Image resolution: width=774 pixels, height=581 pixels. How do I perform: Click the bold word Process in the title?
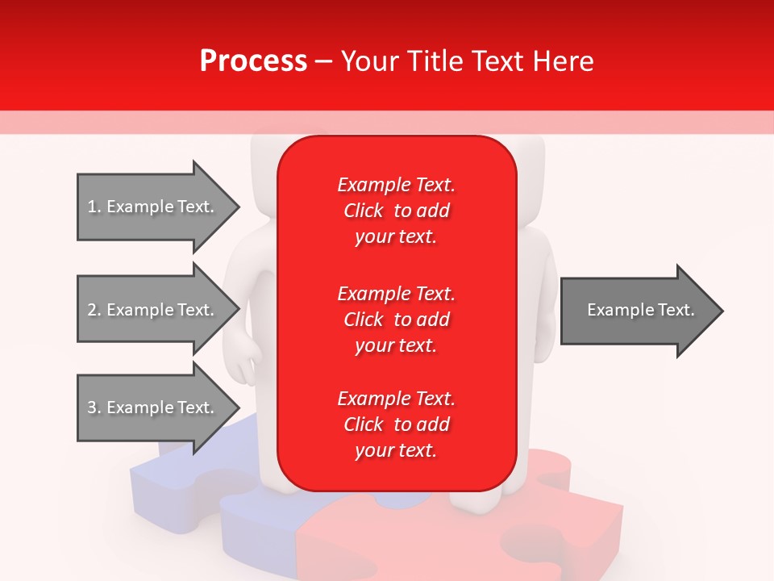[x=253, y=61]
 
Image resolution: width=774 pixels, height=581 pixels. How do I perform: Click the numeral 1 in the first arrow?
[x=92, y=207]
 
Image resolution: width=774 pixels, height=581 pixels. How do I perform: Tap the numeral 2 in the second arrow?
[x=92, y=310]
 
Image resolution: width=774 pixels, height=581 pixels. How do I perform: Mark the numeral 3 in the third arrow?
[x=92, y=408]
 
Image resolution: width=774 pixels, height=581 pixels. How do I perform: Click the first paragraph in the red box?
[x=396, y=211]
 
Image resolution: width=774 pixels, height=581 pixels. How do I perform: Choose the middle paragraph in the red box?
[x=396, y=320]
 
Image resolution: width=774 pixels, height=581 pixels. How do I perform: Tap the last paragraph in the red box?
[x=396, y=424]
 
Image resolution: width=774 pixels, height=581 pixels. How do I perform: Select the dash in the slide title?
[x=323, y=62]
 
